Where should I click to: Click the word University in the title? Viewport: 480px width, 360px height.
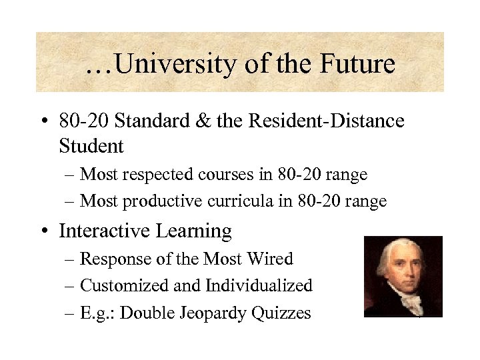pos(173,65)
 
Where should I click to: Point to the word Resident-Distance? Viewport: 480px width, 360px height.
pos(326,121)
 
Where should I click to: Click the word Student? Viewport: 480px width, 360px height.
pos(91,145)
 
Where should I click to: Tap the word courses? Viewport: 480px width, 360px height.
pos(229,175)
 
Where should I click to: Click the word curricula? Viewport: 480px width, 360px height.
pos(243,201)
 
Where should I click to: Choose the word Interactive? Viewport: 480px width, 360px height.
pos(105,231)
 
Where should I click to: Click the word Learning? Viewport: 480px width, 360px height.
pos(194,231)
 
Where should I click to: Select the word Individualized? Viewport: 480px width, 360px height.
pos(259,286)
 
